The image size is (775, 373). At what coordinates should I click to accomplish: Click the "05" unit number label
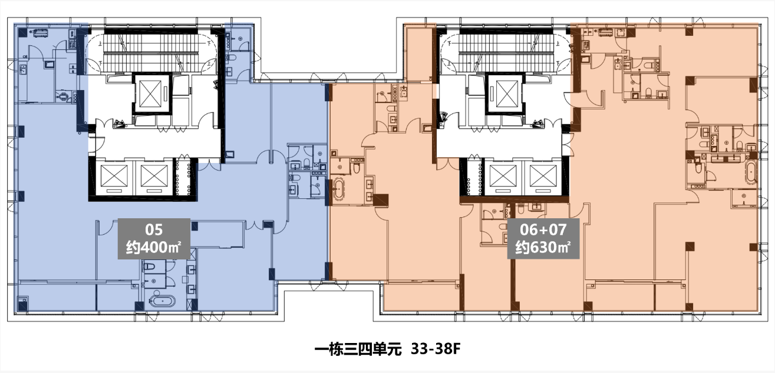pos(154,230)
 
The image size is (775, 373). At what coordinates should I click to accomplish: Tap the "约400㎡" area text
pos(154,247)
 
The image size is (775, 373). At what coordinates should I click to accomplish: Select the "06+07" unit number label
pos(543,229)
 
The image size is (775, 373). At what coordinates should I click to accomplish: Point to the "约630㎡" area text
pos(543,247)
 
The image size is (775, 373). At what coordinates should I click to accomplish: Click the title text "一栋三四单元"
pos(358,349)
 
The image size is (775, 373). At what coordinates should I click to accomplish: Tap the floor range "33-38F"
pos(436,349)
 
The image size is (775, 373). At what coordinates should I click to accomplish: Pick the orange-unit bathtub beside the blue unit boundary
pos(339,189)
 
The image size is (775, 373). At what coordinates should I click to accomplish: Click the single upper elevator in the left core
pos(151,94)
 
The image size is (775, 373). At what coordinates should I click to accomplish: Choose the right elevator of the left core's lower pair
pos(154,176)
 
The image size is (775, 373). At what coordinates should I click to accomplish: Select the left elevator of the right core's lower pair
pos(503,176)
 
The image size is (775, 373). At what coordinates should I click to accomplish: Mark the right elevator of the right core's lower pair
pos(543,176)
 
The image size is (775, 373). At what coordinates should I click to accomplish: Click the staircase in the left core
pos(151,52)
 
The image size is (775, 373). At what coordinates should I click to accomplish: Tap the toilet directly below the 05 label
pos(150,267)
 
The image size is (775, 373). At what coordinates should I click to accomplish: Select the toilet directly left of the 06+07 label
pos(504,227)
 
